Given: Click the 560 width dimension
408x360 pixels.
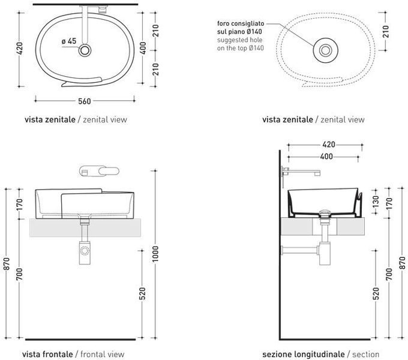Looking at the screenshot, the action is (x=85, y=101).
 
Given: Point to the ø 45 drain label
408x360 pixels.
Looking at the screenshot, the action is (x=69, y=41).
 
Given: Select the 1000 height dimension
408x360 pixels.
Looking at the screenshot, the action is (x=155, y=254).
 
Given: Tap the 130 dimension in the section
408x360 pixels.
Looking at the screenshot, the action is (x=376, y=202).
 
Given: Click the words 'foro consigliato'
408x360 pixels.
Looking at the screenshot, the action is (x=241, y=23).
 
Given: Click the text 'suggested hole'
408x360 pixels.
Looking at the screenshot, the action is (x=239, y=40).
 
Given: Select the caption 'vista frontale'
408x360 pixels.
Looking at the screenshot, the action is (x=47, y=354).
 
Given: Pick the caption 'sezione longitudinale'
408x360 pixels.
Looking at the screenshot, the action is (x=304, y=354).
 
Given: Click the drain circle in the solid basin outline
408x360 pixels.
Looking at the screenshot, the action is (x=85, y=50).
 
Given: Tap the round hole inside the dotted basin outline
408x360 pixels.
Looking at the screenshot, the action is (x=326, y=50).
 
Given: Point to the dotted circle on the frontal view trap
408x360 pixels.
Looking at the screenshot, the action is (x=85, y=251).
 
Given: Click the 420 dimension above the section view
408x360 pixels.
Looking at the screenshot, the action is (x=329, y=145).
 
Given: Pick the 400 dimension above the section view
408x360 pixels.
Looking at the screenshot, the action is (x=326, y=157).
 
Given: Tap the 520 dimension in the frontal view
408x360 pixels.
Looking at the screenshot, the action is (x=142, y=293).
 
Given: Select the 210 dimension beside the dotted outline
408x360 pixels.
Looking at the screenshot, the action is (x=386, y=31).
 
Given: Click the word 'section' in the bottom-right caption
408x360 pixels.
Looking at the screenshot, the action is (x=365, y=354).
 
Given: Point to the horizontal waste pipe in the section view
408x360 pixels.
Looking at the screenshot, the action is (x=300, y=250).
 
